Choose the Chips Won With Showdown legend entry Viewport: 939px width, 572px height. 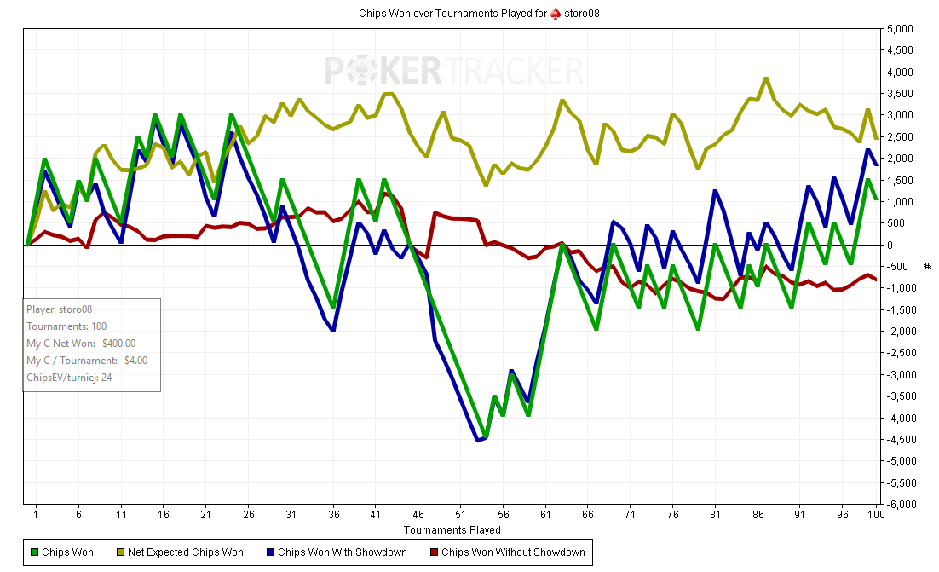pyautogui.click(x=342, y=552)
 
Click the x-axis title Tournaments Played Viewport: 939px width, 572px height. pyautogui.click(x=452, y=530)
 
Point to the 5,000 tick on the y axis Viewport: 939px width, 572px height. pyautogui.click(x=901, y=29)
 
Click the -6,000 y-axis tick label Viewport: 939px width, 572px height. pyautogui.click(x=899, y=505)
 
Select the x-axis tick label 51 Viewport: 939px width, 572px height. pyautogui.click(x=461, y=515)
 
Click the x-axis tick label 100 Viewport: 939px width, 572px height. pyautogui.click(x=875, y=515)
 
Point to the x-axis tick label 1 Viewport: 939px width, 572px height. pyautogui.click(x=36, y=515)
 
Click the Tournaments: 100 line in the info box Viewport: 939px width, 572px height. pyautogui.click(x=67, y=326)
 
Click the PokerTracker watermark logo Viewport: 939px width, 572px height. pyautogui.click(x=453, y=71)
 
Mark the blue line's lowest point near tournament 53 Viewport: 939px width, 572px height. pyautogui.click(x=477, y=440)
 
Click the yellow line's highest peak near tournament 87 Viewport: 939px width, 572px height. pyautogui.click(x=766, y=78)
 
